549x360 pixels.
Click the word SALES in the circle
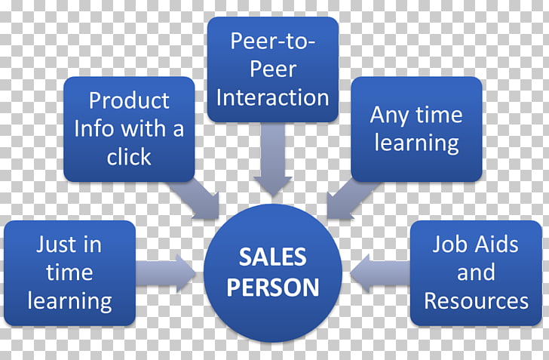[x=273, y=257]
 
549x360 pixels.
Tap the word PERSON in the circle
[x=273, y=288]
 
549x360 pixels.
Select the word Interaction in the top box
[x=273, y=97]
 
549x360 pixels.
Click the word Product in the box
[x=129, y=100]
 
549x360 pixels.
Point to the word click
[x=129, y=156]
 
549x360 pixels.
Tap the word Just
[x=54, y=244]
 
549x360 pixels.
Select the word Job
[x=445, y=244]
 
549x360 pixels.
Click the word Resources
[x=476, y=301]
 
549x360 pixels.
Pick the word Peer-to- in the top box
[x=273, y=41]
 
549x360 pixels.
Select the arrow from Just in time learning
[x=165, y=273]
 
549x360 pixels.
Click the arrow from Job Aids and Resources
[x=380, y=273]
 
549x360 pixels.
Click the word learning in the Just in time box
[x=69, y=302]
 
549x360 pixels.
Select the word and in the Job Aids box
[x=476, y=272]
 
